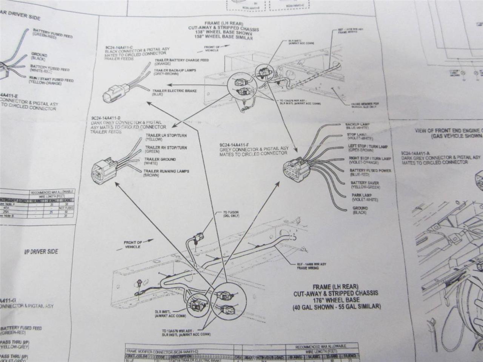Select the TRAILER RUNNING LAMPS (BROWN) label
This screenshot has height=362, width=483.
tap(166, 173)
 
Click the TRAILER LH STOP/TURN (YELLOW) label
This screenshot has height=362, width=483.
tap(166, 137)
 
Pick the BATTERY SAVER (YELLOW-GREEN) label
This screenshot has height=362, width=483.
tap(365, 185)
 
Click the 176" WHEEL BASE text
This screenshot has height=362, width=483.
tap(336, 300)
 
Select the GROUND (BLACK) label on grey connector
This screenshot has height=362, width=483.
tap(360, 210)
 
